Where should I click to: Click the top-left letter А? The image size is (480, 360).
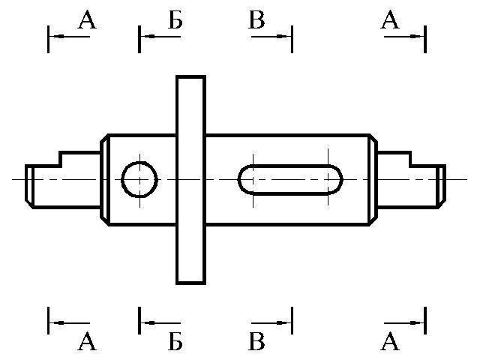(x=87, y=20)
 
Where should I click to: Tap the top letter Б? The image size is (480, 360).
(x=174, y=20)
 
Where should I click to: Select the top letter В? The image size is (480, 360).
(x=257, y=20)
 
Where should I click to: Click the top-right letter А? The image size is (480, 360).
(x=389, y=20)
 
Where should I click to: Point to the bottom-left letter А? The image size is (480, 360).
(x=87, y=343)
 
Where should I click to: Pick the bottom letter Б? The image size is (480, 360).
(x=174, y=343)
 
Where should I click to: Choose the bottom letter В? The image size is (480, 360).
(x=257, y=343)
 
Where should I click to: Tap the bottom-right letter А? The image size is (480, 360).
(x=389, y=343)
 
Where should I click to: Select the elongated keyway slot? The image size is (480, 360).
(x=290, y=180)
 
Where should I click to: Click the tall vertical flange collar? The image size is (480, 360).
(x=190, y=180)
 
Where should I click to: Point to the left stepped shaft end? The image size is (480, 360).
(x=63, y=180)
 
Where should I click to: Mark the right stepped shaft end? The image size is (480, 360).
(x=409, y=180)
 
